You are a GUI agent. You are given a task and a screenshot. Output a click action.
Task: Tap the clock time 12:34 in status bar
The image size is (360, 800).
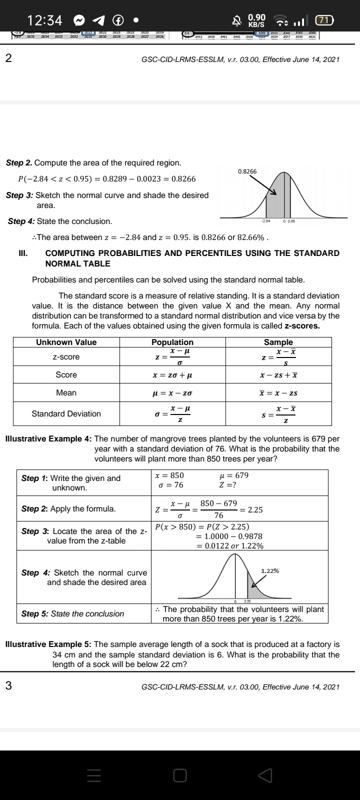point(45,20)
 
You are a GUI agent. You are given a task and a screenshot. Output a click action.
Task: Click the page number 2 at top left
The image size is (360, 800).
point(8,58)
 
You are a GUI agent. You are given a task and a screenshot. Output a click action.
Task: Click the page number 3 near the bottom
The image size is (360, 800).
point(8,686)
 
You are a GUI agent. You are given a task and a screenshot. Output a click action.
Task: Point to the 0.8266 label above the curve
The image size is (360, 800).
point(247,171)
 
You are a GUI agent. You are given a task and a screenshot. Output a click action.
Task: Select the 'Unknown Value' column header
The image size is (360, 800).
point(66,342)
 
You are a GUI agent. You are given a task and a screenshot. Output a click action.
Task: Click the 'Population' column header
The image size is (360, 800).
point(172,342)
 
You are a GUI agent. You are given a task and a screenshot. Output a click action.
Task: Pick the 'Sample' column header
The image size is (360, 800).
point(278,342)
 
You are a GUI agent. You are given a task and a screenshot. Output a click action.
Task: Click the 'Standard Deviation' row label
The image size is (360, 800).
point(66,413)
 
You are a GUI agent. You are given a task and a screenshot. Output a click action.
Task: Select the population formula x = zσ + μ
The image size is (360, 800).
point(172,375)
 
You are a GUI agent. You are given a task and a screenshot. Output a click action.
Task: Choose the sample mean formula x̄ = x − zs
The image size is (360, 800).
point(278,393)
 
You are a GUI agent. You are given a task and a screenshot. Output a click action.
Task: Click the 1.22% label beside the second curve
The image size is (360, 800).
point(270,571)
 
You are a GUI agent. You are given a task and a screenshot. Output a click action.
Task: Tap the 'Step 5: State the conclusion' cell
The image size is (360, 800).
point(72,613)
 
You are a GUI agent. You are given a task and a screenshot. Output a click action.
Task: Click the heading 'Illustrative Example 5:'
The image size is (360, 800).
point(48,645)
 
